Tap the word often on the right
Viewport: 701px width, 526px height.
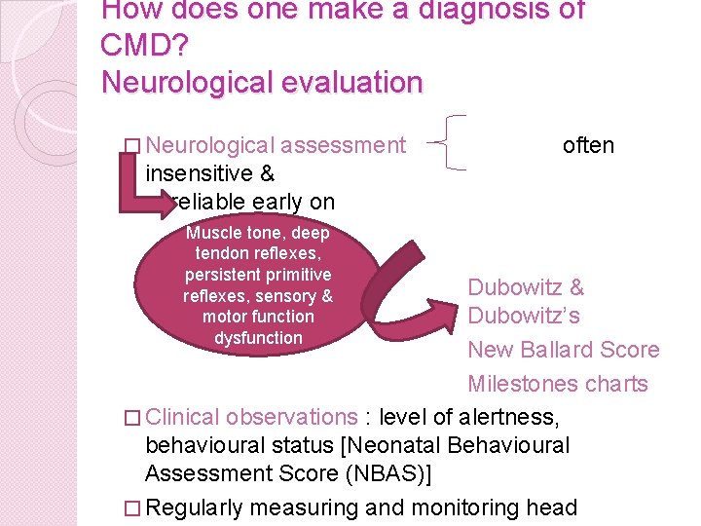coord(588,145)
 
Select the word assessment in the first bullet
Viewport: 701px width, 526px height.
coord(343,145)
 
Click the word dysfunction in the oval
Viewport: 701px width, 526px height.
coord(258,337)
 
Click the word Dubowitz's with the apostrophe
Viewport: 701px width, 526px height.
coord(524,316)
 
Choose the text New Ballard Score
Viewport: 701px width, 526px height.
coord(563,350)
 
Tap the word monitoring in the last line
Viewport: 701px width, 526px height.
coord(439,507)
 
